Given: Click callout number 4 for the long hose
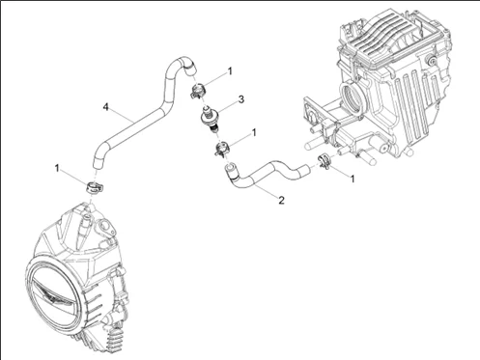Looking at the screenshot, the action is [105, 107].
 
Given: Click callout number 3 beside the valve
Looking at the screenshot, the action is [240, 99].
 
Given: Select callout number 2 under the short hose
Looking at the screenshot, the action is [281, 200].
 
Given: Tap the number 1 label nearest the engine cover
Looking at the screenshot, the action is [57, 168].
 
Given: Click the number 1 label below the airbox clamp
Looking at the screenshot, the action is [353, 179].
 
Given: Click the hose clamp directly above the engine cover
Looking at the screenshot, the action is [94, 187].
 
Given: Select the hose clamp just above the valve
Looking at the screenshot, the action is [198, 91].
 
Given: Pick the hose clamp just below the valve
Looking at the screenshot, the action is [222, 149].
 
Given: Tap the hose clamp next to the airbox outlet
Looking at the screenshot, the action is [325, 160].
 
